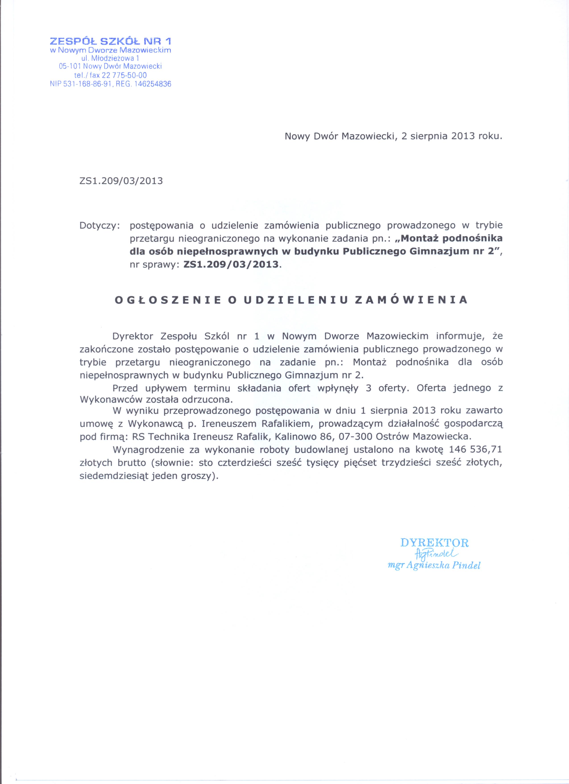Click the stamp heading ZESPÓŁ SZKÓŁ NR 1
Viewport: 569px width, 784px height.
(x=110, y=42)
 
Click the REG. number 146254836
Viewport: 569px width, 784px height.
(x=152, y=84)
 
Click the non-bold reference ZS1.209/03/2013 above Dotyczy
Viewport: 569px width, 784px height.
(x=121, y=181)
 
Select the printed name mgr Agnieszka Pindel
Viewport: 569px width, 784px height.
(x=434, y=566)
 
